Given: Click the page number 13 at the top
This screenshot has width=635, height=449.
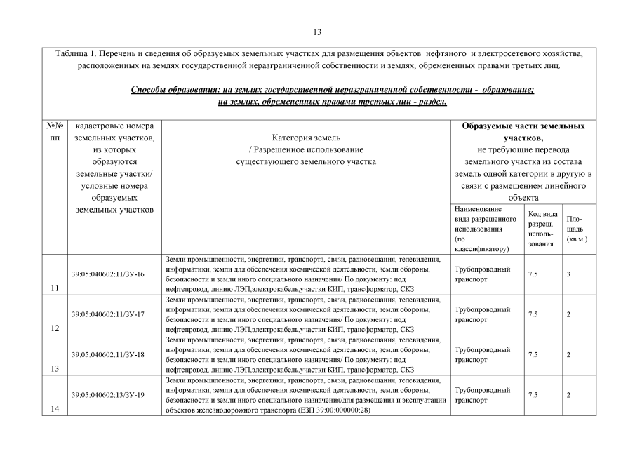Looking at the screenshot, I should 317,32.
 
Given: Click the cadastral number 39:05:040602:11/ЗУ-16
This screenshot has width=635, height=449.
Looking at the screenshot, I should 107,273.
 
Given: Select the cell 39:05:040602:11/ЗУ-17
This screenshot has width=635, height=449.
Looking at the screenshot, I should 107,314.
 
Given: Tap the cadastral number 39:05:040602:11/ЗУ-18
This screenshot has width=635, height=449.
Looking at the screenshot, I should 107,354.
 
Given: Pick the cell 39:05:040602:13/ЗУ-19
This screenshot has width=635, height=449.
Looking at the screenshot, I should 107,395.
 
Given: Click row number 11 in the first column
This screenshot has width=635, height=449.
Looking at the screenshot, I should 54,288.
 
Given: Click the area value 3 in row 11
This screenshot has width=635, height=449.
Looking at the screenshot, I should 568,274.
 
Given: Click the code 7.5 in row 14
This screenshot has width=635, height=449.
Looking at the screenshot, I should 533,395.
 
